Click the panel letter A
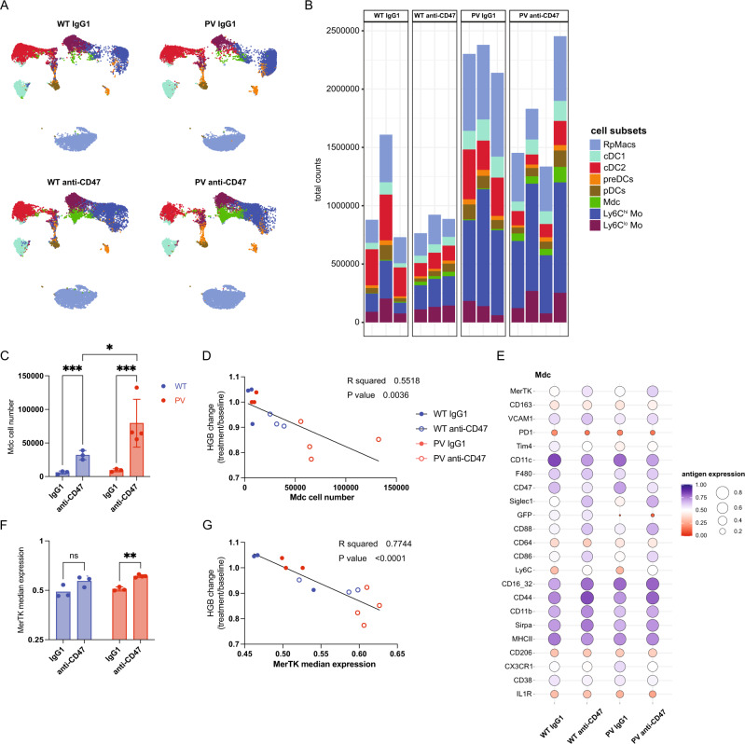7,7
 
